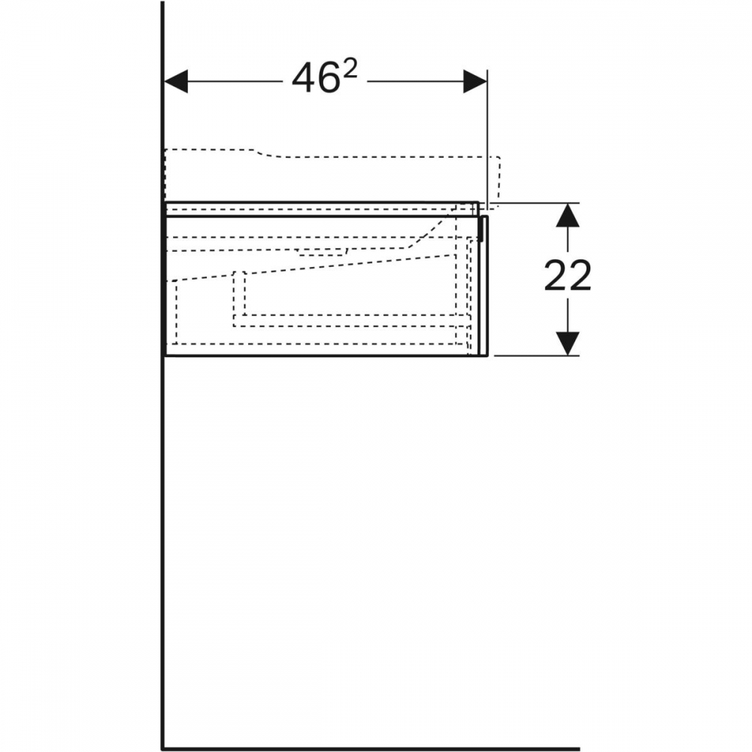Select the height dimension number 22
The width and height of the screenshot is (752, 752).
(567, 276)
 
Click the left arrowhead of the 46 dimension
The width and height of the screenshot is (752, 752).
(176, 81)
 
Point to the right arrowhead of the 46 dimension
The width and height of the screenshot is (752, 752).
(475, 81)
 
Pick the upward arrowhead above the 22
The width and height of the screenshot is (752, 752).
(567, 215)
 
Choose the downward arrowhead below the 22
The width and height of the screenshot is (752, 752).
(567, 344)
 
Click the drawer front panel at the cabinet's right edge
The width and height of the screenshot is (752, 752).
(484, 287)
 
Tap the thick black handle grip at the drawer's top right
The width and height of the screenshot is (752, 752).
(481, 229)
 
